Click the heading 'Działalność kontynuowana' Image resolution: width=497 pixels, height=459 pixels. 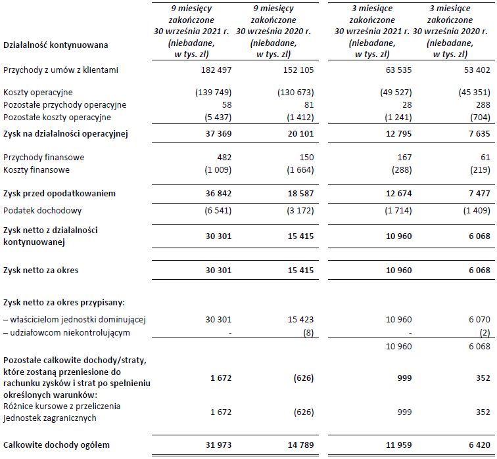56,45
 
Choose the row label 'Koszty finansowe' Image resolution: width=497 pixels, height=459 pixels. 38,170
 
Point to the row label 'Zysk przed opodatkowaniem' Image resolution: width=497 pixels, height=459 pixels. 60,194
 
